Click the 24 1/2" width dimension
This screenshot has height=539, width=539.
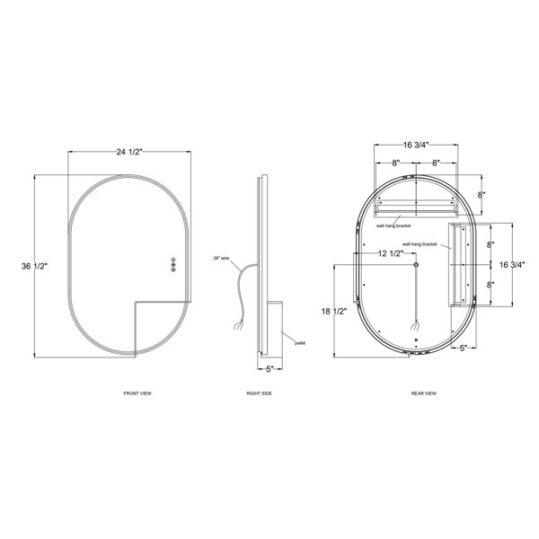pos(128,152)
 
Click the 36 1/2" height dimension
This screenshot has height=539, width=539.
pos(34,266)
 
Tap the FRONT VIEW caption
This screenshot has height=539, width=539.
pos(137,393)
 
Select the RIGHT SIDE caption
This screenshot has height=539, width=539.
pos(260,393)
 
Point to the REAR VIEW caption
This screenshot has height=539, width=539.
pos(424,393)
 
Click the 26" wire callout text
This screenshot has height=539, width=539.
pos(221,258)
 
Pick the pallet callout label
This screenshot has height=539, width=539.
pos(300,343)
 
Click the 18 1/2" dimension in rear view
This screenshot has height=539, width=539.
pos(334,312)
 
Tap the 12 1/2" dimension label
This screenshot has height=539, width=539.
pos(391,253)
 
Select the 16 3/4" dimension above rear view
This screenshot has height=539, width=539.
pos(416,145)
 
